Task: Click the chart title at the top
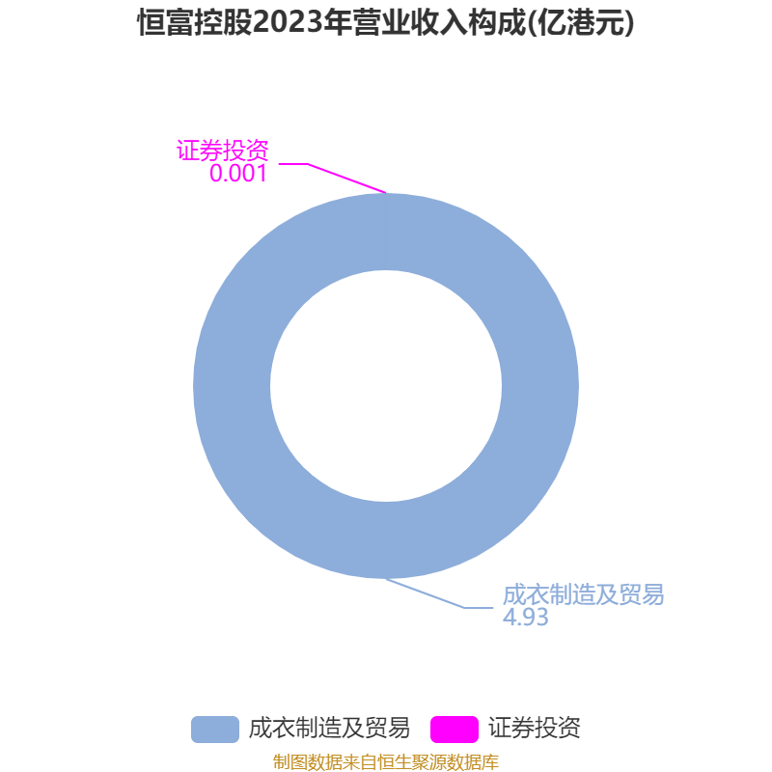tap(386, 22)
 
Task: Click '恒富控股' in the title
tap(195, 22)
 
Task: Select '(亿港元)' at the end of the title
tap(581, 22)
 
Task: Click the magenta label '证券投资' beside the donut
tap(223, 151)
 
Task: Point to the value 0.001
tap(238, 174)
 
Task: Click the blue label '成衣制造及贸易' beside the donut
tap(583, 594)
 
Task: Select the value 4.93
tap(525, 617)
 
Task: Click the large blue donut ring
tap(232, 386)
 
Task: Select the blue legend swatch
tap(215, 730)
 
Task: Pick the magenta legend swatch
tap(455, 730)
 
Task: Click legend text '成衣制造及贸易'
tap(329, 729)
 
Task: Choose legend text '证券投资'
tap(535, 729)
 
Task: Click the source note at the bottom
tap(386, 761)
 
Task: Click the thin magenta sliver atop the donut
tap(385, 232)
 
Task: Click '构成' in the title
tap(497, 22)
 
